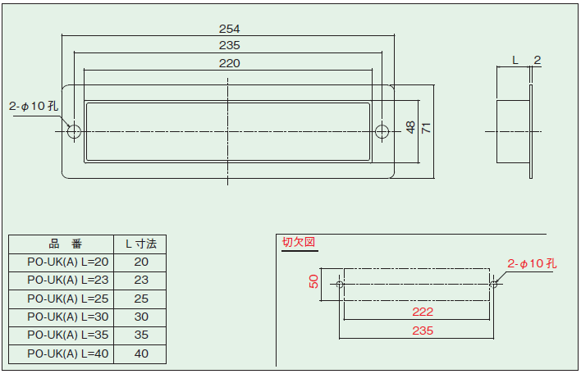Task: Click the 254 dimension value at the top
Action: pyautogui.click(x=229, y=29)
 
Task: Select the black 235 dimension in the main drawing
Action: pyautogui.click(x=229, y=45)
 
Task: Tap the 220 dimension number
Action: pyautogui.click(x=229, y=63)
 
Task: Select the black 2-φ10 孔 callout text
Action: pyautogui.click(x=34, y=107)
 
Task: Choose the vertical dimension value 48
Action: pyautogui.click(x=410, y=127)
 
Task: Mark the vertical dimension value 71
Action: pyautogui.click(x=427, y=128)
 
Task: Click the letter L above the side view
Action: pyautogui.click(x=515, y=60)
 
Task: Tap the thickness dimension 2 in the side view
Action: pyautogui.click(x=538, y=60)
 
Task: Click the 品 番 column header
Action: pyautogui.click(x=65, y=244)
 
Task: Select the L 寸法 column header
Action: pyautogui.click(x=141, y=244)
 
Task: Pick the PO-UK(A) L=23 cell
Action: pyautogui.click(x=68, y=280)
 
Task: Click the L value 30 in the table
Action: pyautogui.click(x=141, y=317)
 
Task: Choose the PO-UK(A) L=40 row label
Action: pyautogui.click(x=68, y=353)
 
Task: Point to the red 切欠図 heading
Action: pyautogui.click(x=299, y=242)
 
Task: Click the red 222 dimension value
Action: pyautogui.click(x=423, y=312)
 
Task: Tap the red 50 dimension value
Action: pyautogui.click(x=313, y=281)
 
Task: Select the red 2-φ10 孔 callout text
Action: pyautogui.click(x=532, y=263)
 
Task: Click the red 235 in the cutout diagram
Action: pyautogui.click(x=423, y=331)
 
